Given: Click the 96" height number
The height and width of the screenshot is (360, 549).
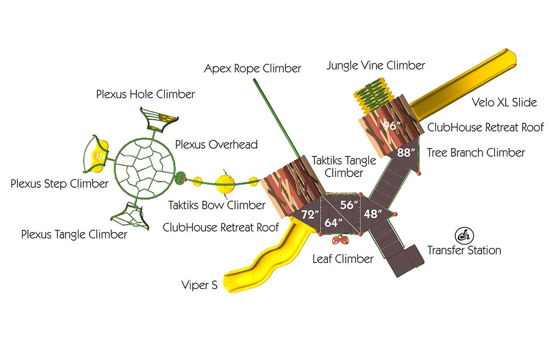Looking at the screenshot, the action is (x=392, y=125).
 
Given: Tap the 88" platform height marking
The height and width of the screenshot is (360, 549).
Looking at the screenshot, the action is (x=406, y=153).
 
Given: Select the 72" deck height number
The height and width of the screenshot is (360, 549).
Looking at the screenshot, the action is (x=310, y=214).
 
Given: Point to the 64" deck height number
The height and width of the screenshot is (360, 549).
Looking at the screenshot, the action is (x=333, y=222).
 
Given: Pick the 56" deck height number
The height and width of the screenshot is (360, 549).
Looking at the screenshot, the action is (x=349, y=205).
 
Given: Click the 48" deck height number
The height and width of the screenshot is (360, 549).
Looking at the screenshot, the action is (x=373, y=213).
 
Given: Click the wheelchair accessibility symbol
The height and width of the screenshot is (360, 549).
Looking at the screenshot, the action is (x=464, y=235).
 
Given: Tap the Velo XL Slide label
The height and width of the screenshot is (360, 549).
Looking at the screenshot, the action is (x=504, y=102).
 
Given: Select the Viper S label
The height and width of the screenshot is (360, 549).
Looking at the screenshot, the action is (x=199, y=285).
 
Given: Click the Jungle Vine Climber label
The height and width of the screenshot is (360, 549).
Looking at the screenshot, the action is (x=376, y=65).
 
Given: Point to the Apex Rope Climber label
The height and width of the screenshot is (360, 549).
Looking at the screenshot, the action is (x=252, y=68).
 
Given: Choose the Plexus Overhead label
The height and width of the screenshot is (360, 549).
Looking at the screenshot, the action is (x=216, y=144).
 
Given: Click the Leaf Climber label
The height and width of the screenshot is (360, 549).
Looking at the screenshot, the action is (x=343, y=259).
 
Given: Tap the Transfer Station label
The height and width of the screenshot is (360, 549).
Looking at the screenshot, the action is (x=464, y=250).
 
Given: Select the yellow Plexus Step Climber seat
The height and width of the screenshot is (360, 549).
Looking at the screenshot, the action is (x=99, y=156).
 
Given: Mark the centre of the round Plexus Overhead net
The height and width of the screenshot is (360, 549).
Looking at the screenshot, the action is (x=144, y=168).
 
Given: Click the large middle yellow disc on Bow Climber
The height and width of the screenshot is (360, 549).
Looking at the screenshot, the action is (x=225, y=184).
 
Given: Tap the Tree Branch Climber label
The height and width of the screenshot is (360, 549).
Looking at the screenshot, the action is (x=476, y=153).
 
